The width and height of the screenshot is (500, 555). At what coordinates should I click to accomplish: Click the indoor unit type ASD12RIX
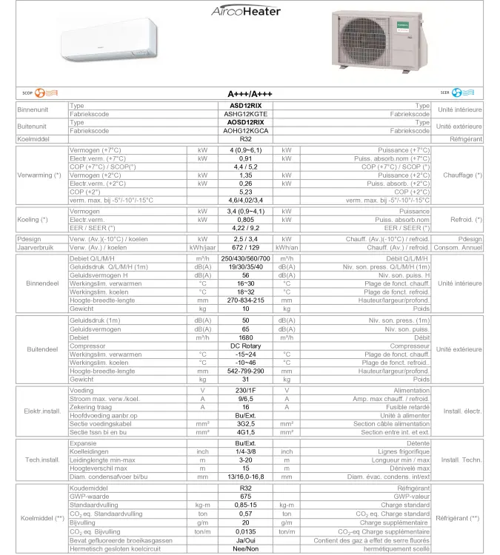[x=246, y=107]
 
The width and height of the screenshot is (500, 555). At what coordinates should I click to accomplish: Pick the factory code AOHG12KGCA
[x=246, y=131]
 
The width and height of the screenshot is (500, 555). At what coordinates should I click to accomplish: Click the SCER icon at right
[x=450, y=93]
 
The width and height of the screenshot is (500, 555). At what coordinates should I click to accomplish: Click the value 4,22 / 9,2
[x=246, y=228]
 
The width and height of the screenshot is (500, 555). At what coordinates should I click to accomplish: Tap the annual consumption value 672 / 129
[x=246, y=247]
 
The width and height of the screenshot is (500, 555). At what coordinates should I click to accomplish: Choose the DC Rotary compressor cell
[x=246, y=346]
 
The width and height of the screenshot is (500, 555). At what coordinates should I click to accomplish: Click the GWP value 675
[x=246, y=497]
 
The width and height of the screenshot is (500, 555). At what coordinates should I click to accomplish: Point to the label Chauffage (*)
[x=462, y=175]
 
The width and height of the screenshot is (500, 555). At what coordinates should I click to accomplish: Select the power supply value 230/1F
[x=246, y=391]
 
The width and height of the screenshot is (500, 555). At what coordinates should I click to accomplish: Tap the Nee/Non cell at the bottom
[x=246, y=548]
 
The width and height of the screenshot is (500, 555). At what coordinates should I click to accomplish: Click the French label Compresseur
[x=410, y=346]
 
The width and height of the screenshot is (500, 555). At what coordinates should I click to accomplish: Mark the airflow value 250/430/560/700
[x=246, y=258]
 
